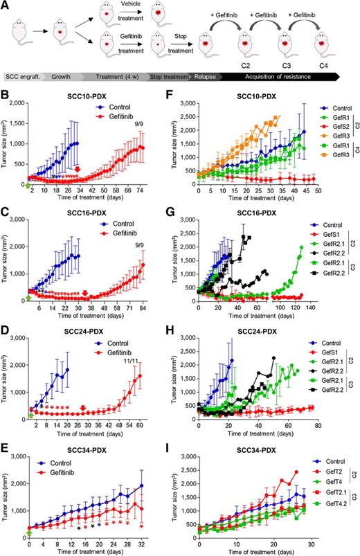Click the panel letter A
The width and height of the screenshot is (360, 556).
pyautogui.click(x=6, y=5)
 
